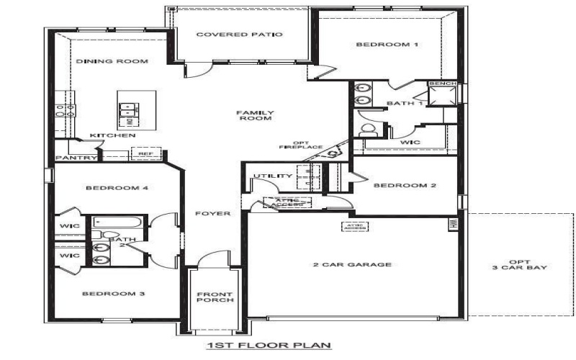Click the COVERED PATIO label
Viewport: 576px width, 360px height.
tap(239, 35)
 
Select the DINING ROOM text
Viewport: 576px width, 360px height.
tap(112, 62)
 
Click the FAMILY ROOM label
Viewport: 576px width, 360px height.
tap(255, 115)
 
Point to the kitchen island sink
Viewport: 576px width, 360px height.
tap(128, 110)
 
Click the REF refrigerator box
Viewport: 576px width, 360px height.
tap(145, 153)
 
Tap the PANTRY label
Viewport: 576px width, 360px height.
tap(71, 157)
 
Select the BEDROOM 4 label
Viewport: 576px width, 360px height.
tap(117, 189)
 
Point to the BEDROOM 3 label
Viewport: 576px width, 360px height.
tap(113, 294)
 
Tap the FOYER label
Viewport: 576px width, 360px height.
tap(217, 214)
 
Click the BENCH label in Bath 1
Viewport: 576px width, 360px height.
tap(441, 84)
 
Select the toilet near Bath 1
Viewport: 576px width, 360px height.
tap(369, 130)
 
